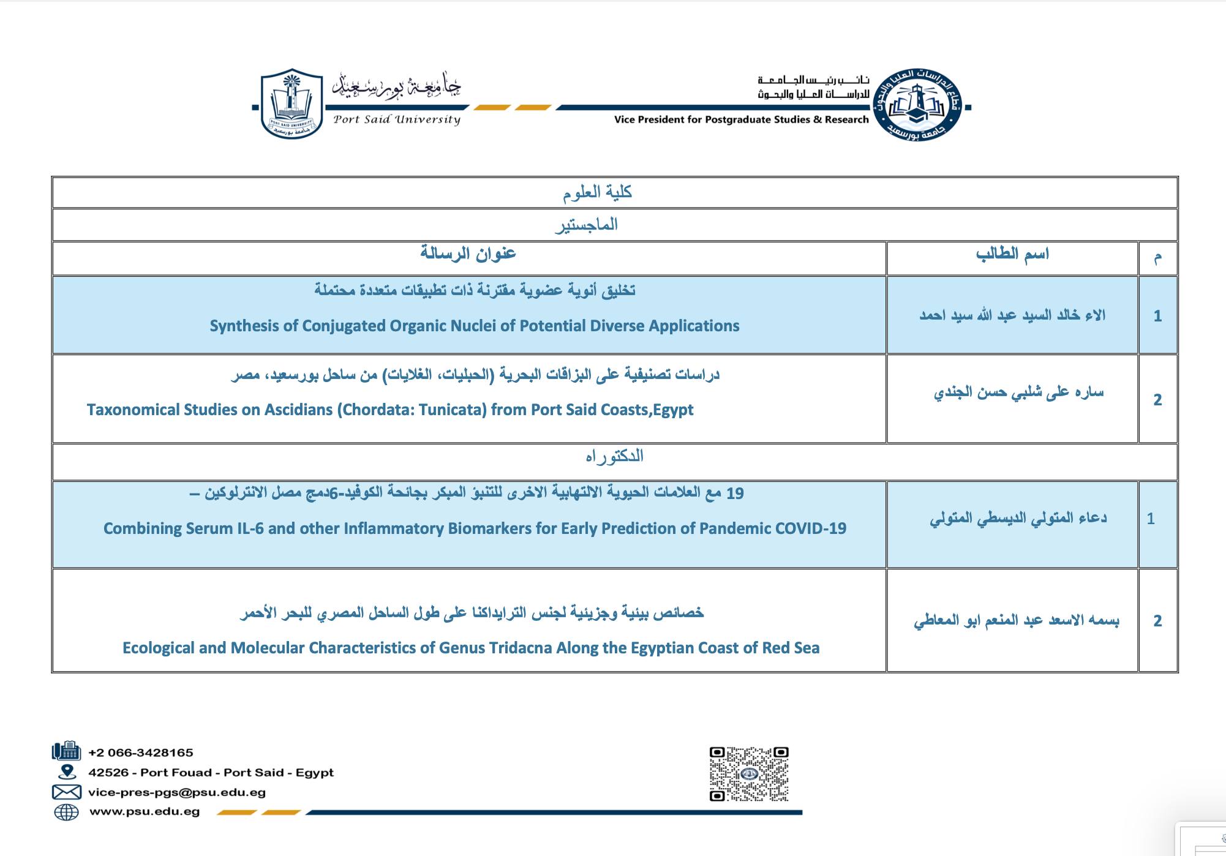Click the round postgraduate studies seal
(x=917, y=105)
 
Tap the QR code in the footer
(x=749, y=773)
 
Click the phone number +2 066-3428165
(x=140, y=753)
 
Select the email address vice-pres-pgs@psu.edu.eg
(x=177, y=792)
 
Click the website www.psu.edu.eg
(x=145, y=812)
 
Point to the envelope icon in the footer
(x=66, y=792)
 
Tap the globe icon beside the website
(x=66, y=812)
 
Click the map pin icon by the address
(x=66, y=772)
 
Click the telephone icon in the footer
(x=66, y=751)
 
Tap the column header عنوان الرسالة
(x=468, y=253)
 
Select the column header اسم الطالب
(x=1012, y=253)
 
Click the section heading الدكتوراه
(x=614, y=457)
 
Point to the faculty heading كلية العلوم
(x=597, y=193)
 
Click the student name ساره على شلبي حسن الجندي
(x=1018, y=392)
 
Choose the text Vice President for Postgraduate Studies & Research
(x=741, y=119)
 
